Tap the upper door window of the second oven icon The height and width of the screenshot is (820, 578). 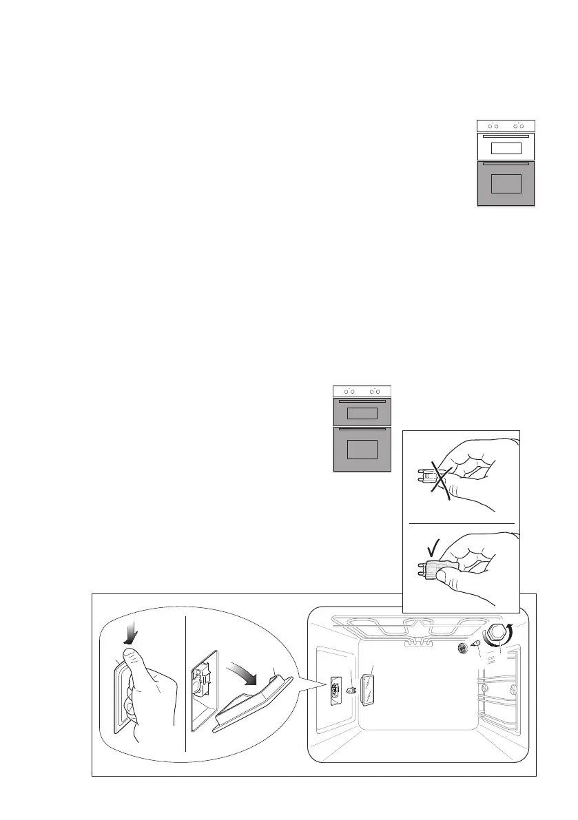coord(362,413)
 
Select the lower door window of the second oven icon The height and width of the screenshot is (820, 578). coord(362,450)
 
